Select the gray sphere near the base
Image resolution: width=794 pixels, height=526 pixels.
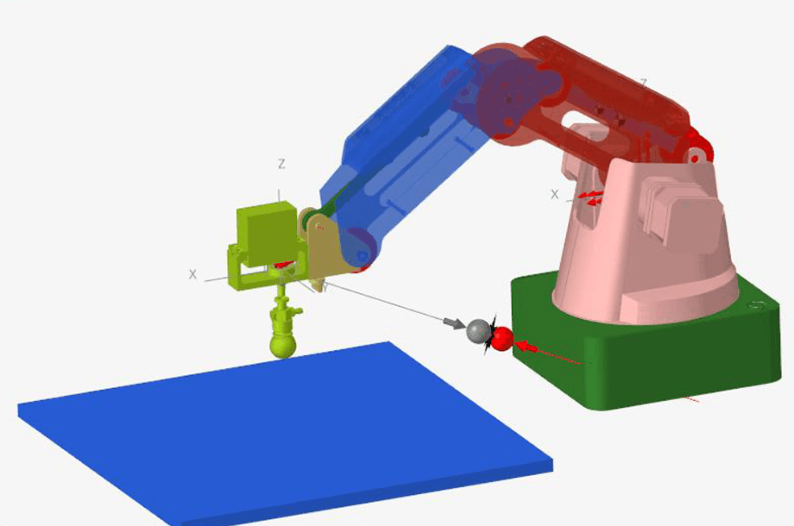(x=477, y=330)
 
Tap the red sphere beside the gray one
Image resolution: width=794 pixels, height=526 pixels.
(x=501, y=338)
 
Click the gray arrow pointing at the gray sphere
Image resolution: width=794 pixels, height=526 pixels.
(x=453, y=322)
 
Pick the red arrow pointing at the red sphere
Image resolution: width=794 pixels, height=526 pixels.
(x=526, y=348)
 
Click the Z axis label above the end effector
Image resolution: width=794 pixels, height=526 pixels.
(x=281, y=164)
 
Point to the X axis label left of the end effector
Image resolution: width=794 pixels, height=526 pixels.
(x=193, y=274)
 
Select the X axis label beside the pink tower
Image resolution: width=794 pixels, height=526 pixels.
(x=555, y=194)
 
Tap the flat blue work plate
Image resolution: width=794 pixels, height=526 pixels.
(x=285, y=431)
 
